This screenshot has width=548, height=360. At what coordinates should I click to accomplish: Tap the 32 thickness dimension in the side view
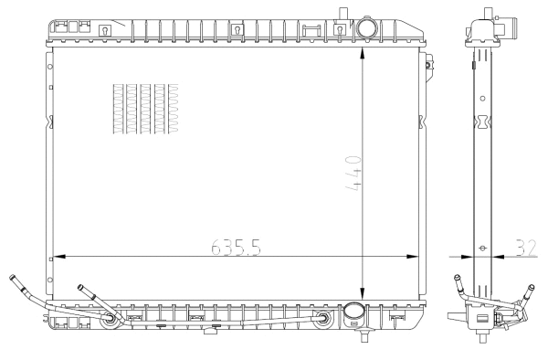[524, 247]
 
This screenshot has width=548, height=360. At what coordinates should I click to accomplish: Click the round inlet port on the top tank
[367, 29]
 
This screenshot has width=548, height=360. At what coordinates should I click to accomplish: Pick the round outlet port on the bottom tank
[353, 315]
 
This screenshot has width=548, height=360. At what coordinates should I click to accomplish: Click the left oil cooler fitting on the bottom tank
[111, 319]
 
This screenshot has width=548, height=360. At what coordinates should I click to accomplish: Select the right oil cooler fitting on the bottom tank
[323, 319]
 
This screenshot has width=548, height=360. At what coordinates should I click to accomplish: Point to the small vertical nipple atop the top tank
[345, 12]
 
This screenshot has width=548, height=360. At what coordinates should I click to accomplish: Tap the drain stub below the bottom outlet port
[364, 334]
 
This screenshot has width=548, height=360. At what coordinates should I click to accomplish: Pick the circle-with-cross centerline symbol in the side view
[483, 247]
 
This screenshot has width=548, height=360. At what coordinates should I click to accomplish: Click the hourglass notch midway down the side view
[483, 122]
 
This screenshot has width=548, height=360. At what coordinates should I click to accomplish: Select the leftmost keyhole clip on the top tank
[104, 30]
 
